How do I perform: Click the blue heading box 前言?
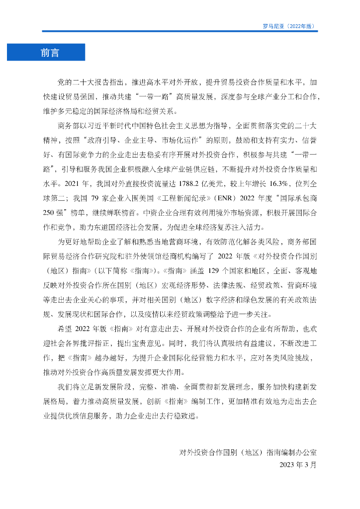pyautogui.click(x=46, y=52)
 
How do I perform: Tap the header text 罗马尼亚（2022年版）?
pyautogui.click(x=288, y=26)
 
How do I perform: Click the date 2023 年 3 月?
pyautogui.click(x=298, y=465)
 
